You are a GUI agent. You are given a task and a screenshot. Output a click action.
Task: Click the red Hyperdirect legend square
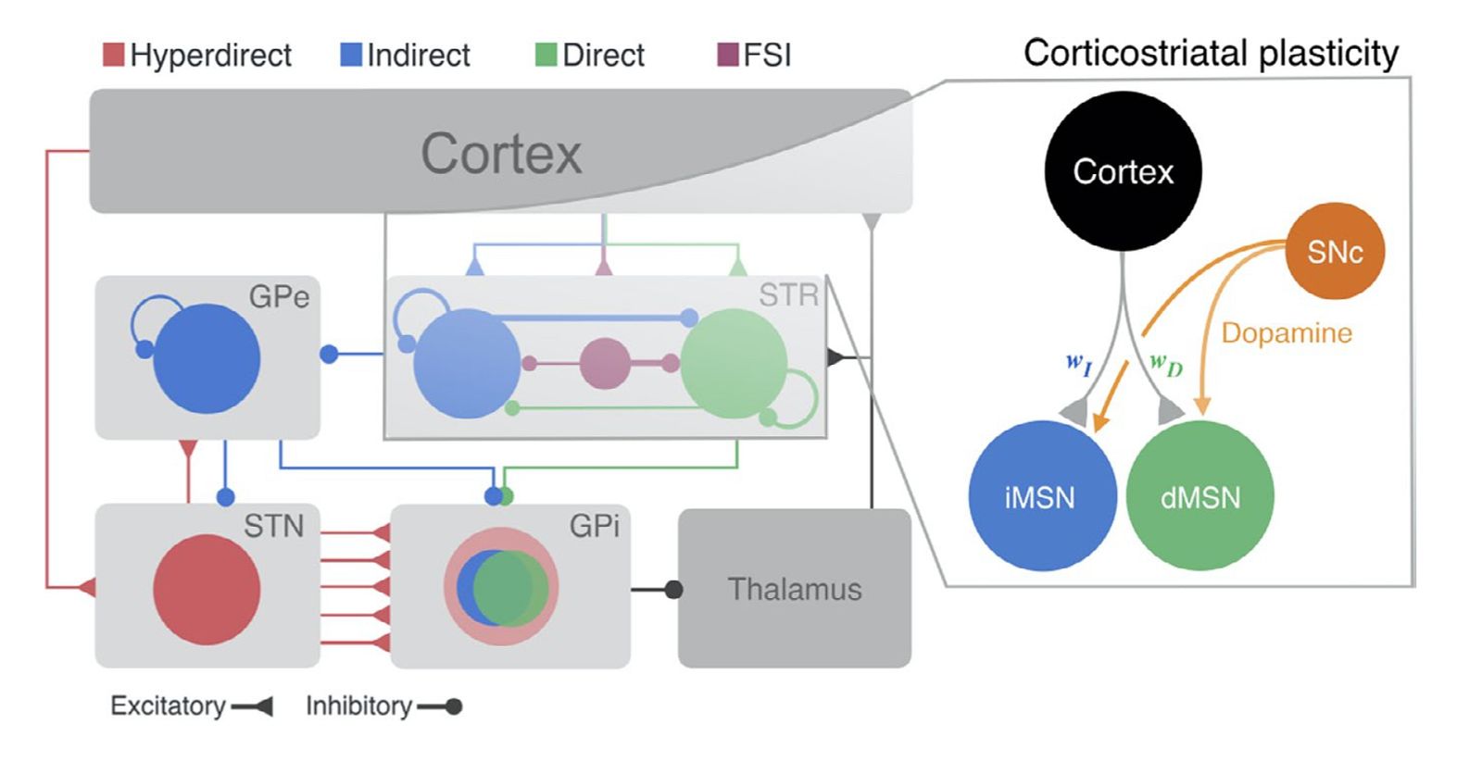113,55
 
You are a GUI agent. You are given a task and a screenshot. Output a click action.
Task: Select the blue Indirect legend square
351,55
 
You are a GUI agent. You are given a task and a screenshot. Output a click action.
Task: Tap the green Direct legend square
546,55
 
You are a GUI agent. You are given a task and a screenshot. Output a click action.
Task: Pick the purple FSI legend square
728,55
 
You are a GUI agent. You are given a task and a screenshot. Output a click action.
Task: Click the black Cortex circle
1123,171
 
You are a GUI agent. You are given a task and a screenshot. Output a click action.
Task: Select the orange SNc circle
1335,251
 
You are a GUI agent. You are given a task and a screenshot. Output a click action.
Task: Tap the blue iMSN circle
1042,496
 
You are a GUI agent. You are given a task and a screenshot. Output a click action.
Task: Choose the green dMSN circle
1199,496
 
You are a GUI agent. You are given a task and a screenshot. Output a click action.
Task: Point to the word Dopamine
1287,333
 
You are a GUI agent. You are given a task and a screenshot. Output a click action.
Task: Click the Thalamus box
795,589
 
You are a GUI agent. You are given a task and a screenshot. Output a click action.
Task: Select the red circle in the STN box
207,590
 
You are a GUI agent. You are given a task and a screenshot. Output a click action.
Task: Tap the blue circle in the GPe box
207,358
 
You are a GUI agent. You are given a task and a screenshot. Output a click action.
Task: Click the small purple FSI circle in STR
605,363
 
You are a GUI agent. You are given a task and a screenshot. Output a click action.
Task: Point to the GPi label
594,526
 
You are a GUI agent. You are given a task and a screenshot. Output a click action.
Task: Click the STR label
788,295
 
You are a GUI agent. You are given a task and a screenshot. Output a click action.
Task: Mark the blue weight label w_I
1079,364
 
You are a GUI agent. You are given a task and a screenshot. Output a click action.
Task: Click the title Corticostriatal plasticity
1211,53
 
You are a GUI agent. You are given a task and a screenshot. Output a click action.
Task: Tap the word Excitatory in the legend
168,706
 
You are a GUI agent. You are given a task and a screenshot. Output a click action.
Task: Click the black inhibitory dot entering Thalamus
673,590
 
